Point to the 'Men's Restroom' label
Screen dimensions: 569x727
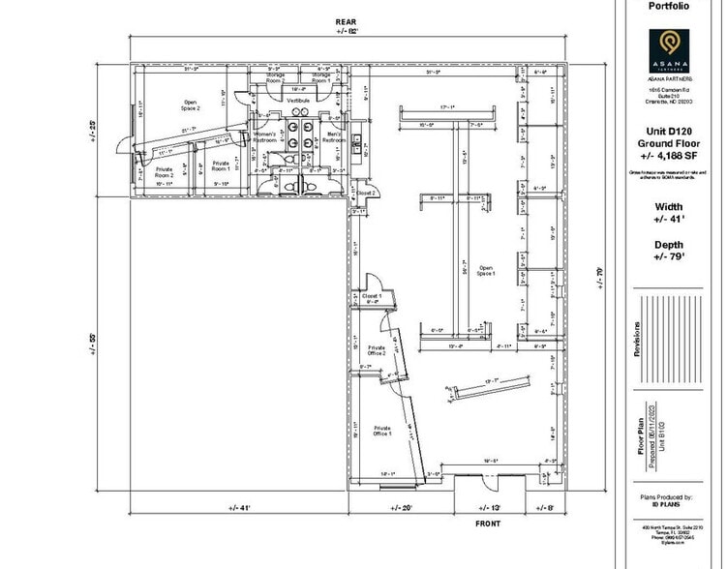[334, 136]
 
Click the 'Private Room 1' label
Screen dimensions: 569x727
[222, 165]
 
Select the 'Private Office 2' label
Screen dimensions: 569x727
[378, 350]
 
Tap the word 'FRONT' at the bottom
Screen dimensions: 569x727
[488, 524]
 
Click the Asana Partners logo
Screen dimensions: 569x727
[668, 45]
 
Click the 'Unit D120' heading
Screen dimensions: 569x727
[668, 130]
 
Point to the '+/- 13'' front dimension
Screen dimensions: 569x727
[489, 507]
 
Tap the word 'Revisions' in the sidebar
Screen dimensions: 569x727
[637, 340]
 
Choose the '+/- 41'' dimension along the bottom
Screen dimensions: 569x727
[240, 507]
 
